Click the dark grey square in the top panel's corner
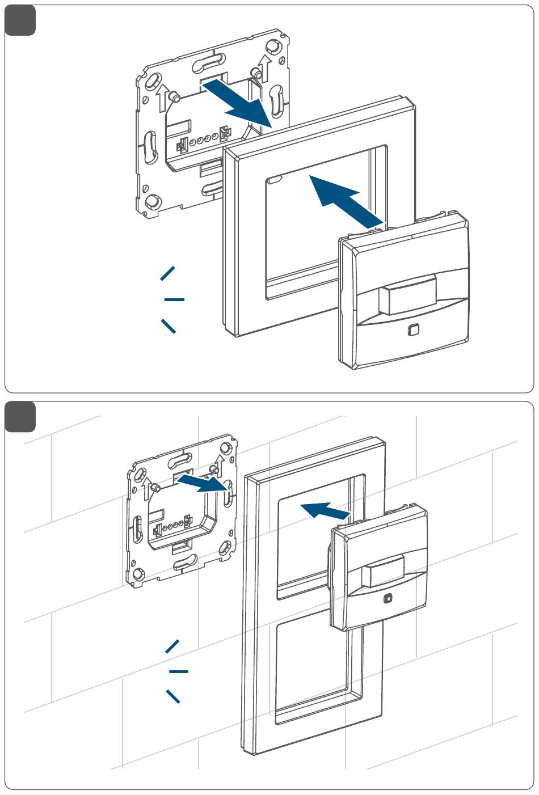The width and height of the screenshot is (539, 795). [20, 20]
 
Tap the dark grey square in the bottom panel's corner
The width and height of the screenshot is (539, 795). [20, 416]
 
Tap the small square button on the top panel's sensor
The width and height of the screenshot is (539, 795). [414, 329]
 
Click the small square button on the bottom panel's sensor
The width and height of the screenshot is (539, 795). [388, 598]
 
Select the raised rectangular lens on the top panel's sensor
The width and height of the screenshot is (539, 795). [408, 294]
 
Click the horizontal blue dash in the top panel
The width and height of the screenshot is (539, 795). [174, 299]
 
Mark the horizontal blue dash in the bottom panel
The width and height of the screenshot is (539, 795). [178, 671]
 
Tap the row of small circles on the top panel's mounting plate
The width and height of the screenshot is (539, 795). [203, 140]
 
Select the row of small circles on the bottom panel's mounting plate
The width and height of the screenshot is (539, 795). [173, 526]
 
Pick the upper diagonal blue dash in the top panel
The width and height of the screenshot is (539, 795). [168, 273]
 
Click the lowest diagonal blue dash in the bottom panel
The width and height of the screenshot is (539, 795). [172, 696]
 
